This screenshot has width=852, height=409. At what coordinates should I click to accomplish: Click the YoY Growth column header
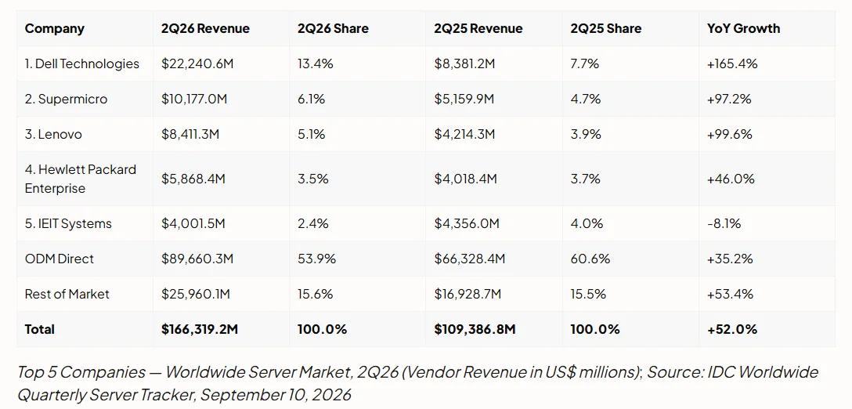(x=743, y=28)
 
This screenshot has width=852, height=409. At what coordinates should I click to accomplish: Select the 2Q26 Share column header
(x=333, y=28)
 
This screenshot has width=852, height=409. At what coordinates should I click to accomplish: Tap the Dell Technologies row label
(x=82, y=63)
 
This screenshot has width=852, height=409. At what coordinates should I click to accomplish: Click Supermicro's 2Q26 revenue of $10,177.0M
(x=198, y=99)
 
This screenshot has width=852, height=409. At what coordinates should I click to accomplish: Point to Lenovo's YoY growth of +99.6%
(x=730, y=134)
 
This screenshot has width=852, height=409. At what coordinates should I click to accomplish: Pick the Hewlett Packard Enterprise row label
(x=81, y=179)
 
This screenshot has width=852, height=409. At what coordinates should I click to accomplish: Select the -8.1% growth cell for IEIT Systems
(x=724, y=223)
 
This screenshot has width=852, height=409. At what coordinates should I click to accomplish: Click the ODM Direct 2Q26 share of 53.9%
(x=316, y=259)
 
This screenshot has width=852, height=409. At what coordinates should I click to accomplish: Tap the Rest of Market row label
(x=67, y=294)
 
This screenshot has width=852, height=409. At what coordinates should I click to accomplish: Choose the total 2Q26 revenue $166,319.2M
(x=200, y=329)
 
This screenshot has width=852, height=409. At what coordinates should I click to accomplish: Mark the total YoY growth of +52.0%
(x=732, y=329)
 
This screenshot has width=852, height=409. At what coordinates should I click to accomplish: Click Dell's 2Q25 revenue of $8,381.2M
(x=464, y=63)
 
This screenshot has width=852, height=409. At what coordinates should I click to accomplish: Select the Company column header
(x=54, y=28)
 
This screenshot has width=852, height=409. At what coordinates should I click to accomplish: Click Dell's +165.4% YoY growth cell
(x=732, y=63)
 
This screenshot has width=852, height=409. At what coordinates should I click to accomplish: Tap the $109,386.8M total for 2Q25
(x=475, y=329)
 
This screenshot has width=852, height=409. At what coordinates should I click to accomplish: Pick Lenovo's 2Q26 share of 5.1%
(x=311, y=134)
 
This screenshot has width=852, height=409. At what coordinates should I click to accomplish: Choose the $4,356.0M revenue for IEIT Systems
(x=465, y=223)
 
